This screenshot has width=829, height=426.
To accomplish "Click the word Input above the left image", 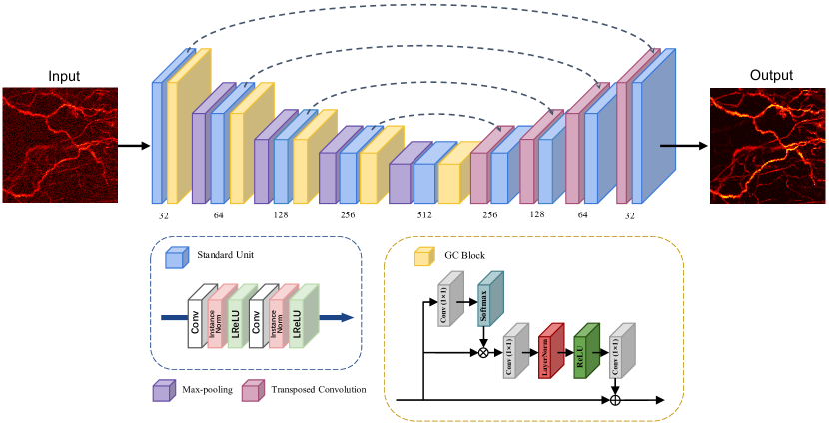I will [x=63, y=76].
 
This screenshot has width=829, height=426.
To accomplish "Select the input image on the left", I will [x=59, y=145].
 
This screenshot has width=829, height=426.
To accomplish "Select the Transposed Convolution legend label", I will [x=319, y=387].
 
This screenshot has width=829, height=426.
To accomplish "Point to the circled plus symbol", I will [x=615, y=399].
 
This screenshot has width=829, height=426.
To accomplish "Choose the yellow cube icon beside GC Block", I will [x=423, y=257].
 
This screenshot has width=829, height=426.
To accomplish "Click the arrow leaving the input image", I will [x=133, y=146].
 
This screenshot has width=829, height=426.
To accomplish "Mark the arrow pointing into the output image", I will [x=683, y=146].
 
